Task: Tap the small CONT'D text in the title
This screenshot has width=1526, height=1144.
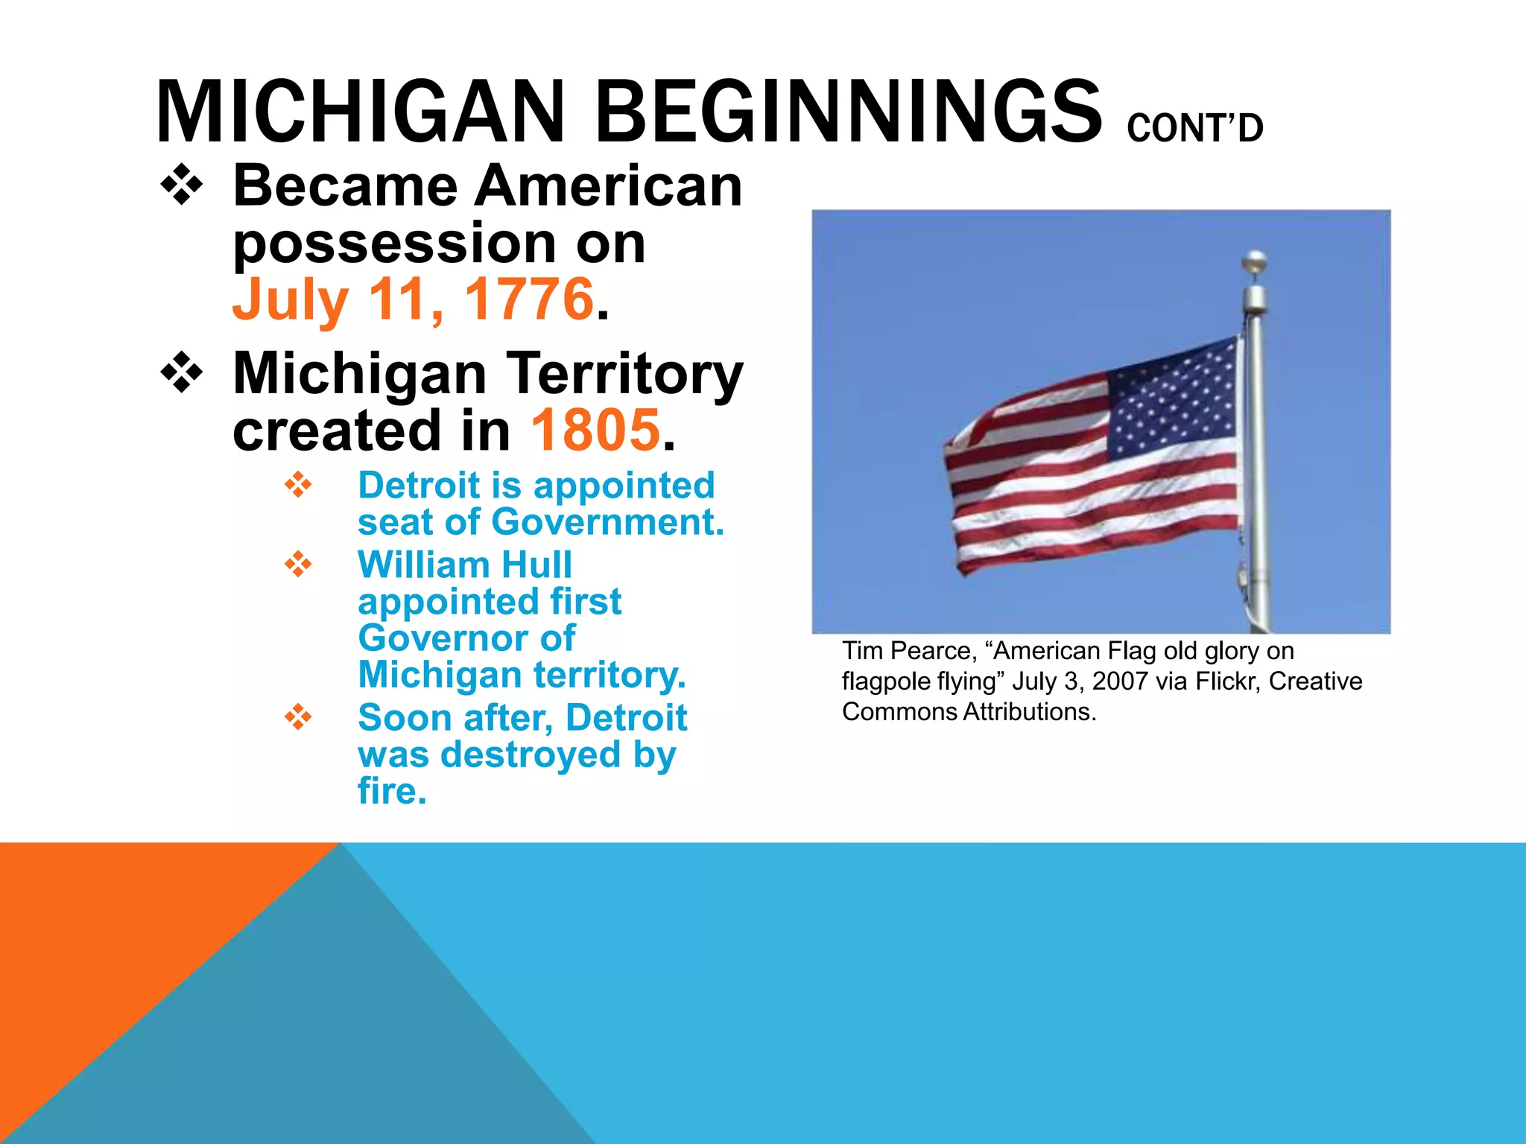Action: pyautogui.click(x=1194, y=128)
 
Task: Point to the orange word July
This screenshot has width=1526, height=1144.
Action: pyautogui.click(x=290, y=299)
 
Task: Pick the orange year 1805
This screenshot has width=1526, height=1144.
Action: pyautogui.click(x=595, y=430)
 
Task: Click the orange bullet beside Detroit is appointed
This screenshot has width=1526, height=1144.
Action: pyautogui.click(x=298, y=485)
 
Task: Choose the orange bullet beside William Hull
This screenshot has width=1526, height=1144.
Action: pyautogui.click(x=298, y=564)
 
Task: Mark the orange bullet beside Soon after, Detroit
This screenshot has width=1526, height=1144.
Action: pyautogui.click(x=298, y=717)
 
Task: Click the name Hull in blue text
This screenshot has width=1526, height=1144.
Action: pyautogui.click(x=536, y=565)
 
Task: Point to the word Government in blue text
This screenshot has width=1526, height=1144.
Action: pyautogui.click(x=607, y=521)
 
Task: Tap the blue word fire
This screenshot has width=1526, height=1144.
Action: pyautogui.click(x=391, y=791)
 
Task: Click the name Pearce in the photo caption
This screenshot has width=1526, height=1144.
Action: pyautogui.click(x=934, y=651)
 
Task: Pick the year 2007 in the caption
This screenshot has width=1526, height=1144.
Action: pyautogui.click(x=1120, y=681)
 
